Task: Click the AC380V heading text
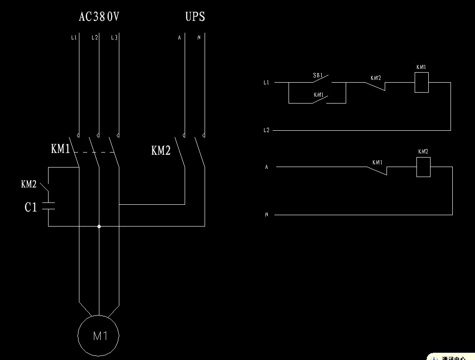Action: coord(99,17)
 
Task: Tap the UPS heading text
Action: coord(195,17)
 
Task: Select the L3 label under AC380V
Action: coord(114,38)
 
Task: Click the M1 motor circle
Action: coord(99,336)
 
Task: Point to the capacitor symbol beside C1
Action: coord(48,206)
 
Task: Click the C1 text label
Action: coord(31,208)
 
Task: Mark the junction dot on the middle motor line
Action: coord(99,226)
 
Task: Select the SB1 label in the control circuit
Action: coord(318,75)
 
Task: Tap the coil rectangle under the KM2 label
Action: coord(423,167)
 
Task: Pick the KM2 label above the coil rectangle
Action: coord(423,152)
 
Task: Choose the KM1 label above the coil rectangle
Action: coord(421,67)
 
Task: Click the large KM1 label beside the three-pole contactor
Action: coord(60,149)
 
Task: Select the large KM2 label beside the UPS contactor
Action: coord(161,151)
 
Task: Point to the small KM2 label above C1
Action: coord(29,184)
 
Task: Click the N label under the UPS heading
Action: coord(199,38)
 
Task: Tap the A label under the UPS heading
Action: coord(179,38)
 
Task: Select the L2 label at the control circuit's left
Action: coord(266,130)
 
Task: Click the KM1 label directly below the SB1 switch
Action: coord(318,95)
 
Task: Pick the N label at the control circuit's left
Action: coord(266,215)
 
